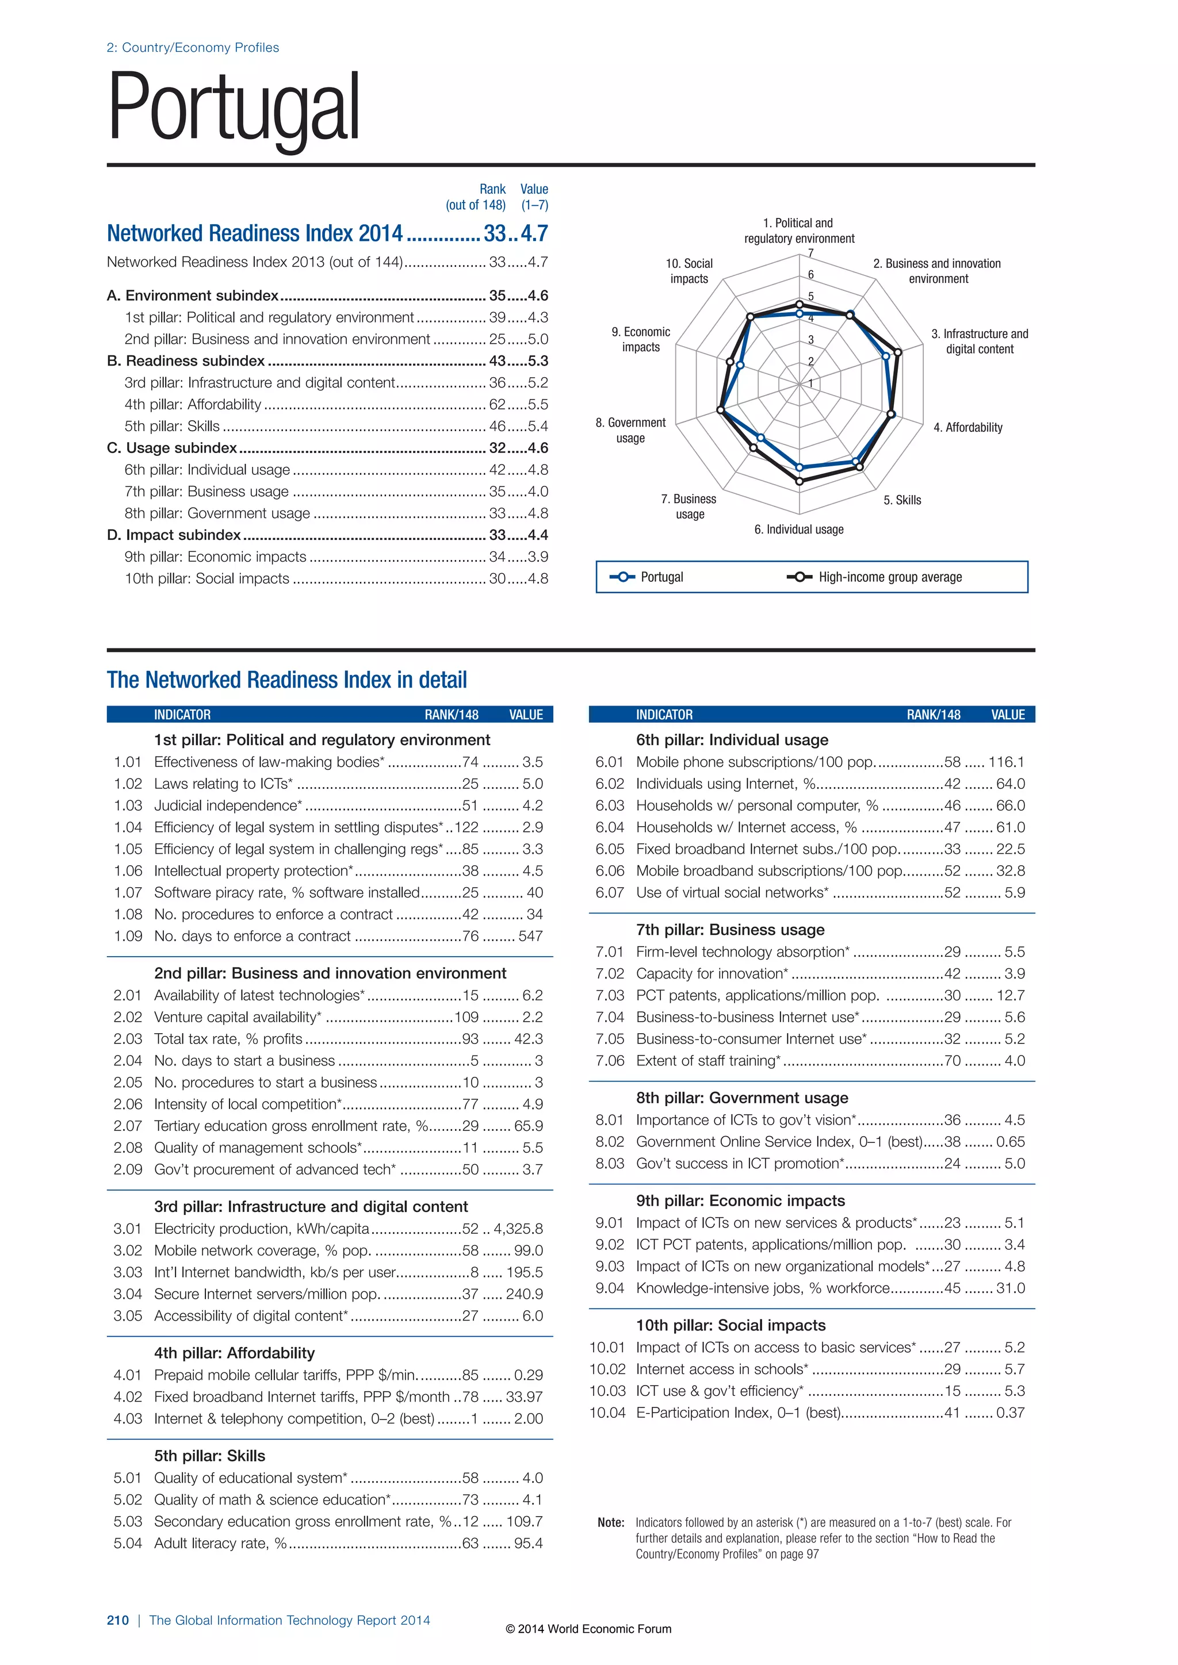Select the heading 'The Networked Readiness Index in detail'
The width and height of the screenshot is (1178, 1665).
tap(286, 680)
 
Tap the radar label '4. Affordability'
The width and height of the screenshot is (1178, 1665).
tap(967, 427)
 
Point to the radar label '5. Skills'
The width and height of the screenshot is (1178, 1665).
tap(902, 500)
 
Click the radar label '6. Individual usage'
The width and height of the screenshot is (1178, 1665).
tap(798, 530)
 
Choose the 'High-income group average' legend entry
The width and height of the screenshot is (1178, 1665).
tap(889, 577)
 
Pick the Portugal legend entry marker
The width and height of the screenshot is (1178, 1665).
tap(622, 577)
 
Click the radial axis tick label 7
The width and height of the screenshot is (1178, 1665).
tap(811, 253)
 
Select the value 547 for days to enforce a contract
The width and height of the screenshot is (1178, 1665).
tap(530, 936)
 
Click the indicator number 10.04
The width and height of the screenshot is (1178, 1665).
tap(607, 1413)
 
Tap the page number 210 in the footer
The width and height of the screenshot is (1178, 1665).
tap(117, 1620)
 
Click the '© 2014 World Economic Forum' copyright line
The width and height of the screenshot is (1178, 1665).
tap(588, 1629)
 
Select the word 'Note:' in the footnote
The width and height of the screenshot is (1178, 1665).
tap(611, 1523)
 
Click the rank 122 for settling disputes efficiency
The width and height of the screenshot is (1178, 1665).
tap(466, 827)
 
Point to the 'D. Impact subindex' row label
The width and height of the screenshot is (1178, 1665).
tap(173, 535)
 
